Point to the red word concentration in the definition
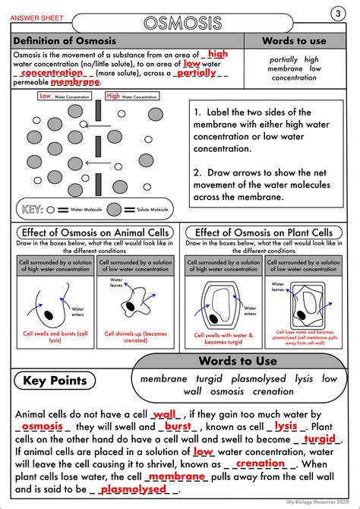click(x=52, y=73)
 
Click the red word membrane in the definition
click(x=75, y=82)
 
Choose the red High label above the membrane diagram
click(x=113, y=96)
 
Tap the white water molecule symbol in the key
click(x=58, y=209)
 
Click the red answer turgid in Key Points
click(x=319, y=438)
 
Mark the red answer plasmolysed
click(x=132, y=489)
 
